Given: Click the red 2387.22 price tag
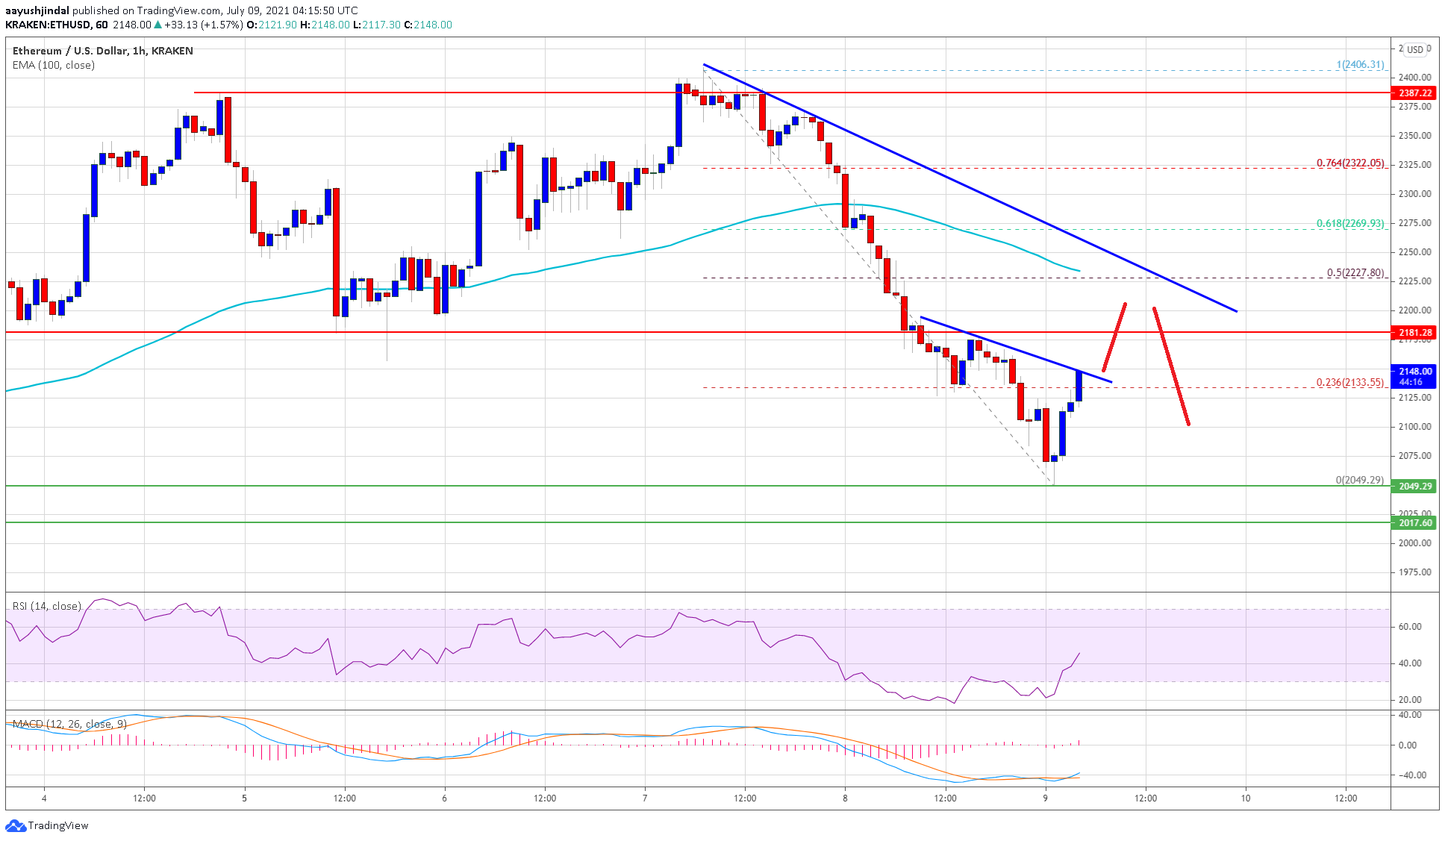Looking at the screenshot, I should pyautogui.click(x=1415, y=93).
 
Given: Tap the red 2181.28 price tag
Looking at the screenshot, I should pyautogui.click(x=1415, y=333).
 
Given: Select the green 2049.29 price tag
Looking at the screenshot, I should pyautogui.click(x=1415, y=487).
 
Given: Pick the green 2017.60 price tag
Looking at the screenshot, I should pyautogui.click(x=1415, y=523).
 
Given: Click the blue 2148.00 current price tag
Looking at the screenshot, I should pyautogui.click(x=1415, y=372).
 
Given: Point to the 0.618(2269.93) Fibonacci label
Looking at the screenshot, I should pyautogui.click(x=1349, y=223).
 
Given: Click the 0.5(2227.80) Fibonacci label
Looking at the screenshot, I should pyautogui.click(x=1355, y=273).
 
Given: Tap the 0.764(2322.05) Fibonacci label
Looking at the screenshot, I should pyautogui.click(x=1349, y=163).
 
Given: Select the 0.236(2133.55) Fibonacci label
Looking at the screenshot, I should pyautogui.click(x=1349, y=382).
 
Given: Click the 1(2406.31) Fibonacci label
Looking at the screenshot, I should pyautogui.click(x=1360, y=65).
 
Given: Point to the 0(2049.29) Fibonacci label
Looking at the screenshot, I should pyautogui.click(x=1359, y=480).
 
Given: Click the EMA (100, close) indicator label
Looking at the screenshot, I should pyautogui.click(x=54, y=66).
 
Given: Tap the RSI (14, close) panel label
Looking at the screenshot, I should pyautogui.click(x=46, y=606).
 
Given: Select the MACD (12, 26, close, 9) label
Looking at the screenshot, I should pyautogui.click(x=69, y=724).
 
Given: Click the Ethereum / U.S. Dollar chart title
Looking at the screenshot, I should pyautogui.click(x=102, y=51).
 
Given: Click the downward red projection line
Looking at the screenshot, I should pyautogui.click(x=1171, y=366).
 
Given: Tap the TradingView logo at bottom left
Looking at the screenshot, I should pyautogui.click(x=47, y=825).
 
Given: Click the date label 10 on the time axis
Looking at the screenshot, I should pyautogui.click(x=1245, y=798).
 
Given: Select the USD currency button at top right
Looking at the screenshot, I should pyautogui.click(x=1414, y=50).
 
